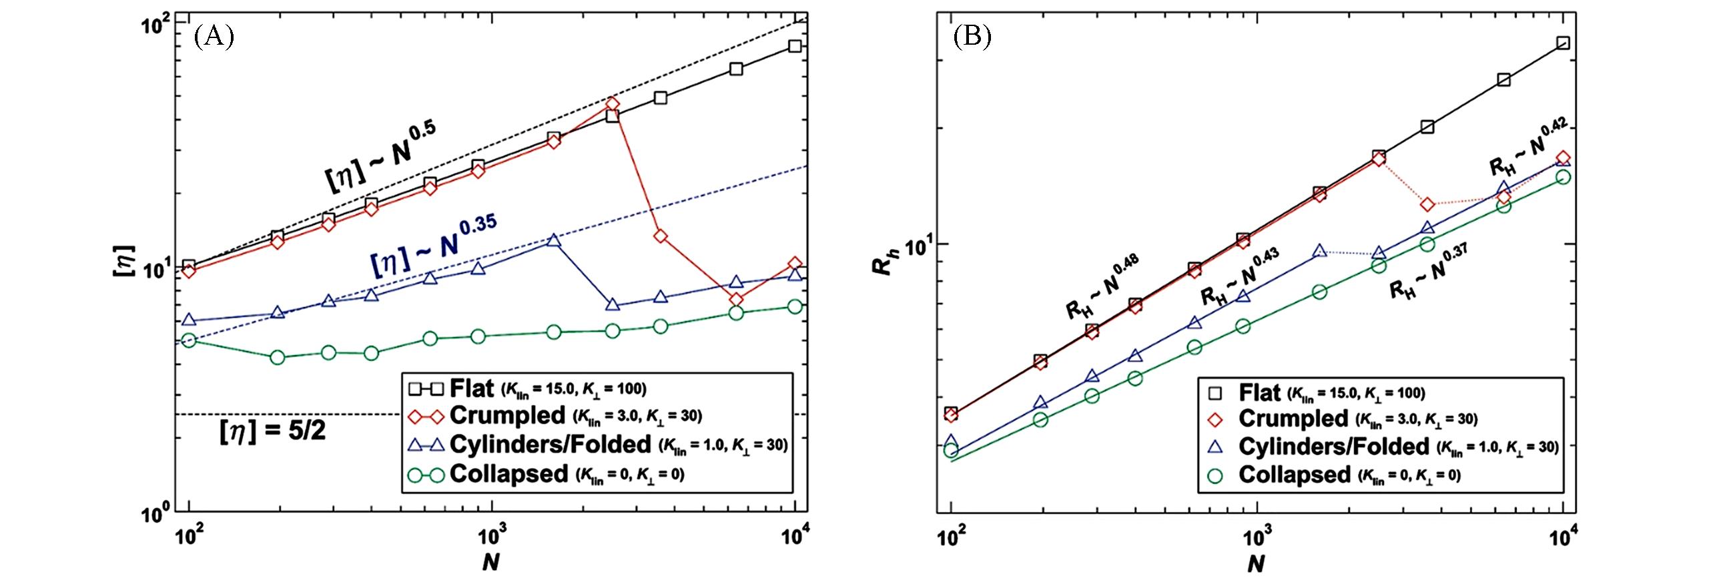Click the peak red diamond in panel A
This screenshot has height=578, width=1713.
coord(613,104)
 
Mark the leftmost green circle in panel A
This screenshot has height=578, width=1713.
coord(190,341)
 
